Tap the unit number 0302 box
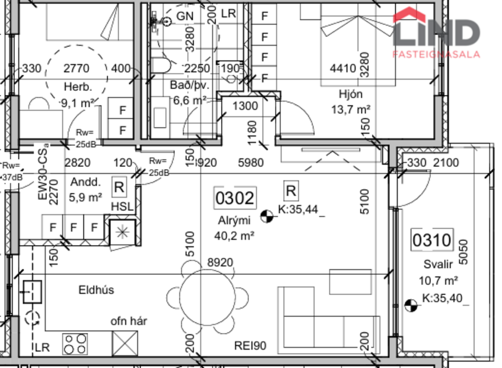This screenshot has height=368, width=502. pos(235,198)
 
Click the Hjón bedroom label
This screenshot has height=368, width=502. pos(350,94)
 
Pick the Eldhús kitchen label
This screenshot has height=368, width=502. pos(96,290)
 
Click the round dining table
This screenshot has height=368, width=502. pos(207,296)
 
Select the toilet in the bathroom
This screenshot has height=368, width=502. pos(161,65)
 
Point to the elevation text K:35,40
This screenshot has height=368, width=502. pos(442,297)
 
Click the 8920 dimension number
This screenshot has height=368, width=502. pos(220,262)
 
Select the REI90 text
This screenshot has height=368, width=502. pos(250,346)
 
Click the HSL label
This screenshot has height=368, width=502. pos(122,206)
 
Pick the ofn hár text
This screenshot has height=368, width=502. pos(129,322)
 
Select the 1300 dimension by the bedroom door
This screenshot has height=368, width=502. pos(245,107)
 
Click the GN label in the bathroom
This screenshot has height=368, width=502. pos(186,14)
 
